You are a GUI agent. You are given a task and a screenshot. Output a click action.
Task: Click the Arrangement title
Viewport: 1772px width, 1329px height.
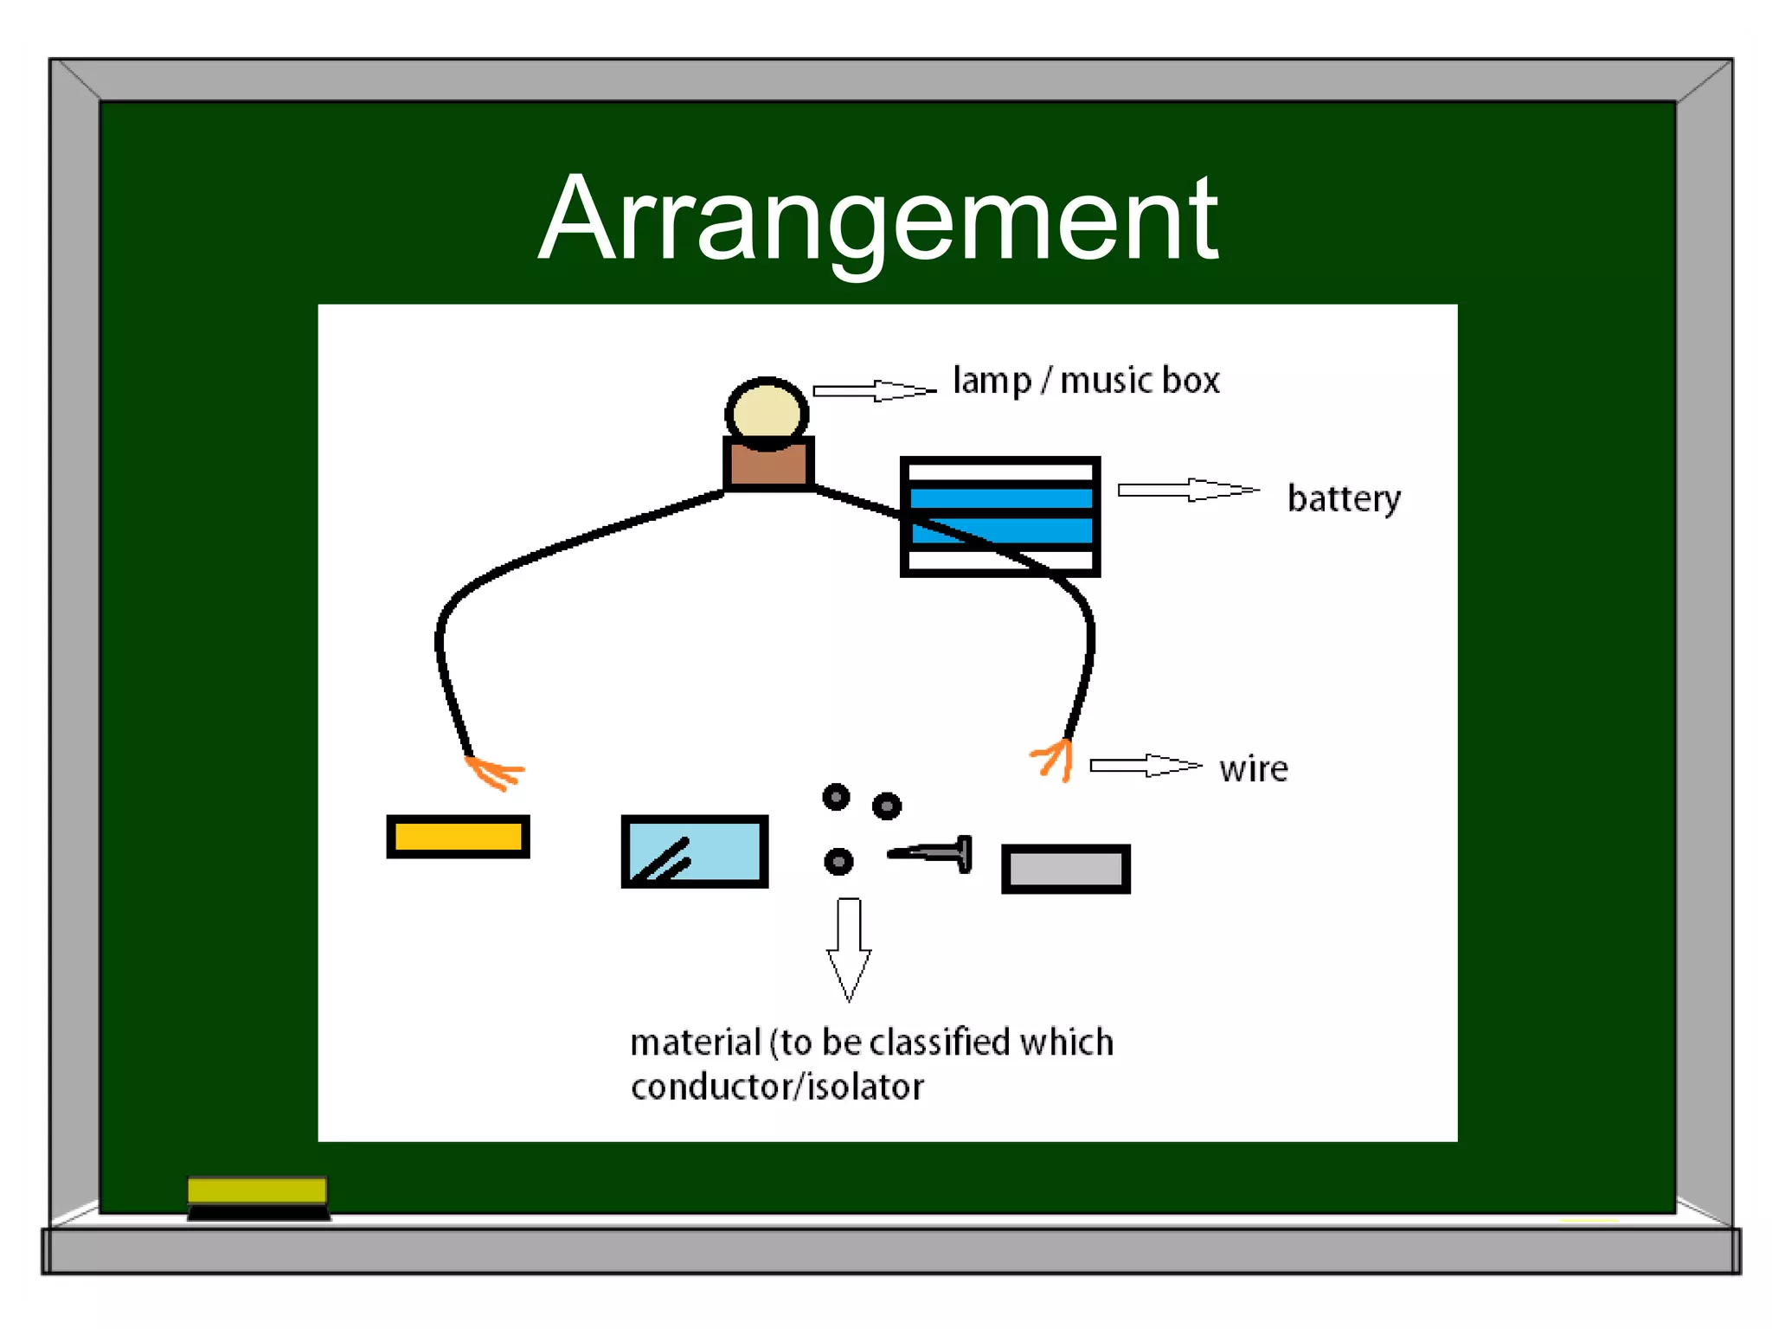pyautogui.click(x=877, y=218)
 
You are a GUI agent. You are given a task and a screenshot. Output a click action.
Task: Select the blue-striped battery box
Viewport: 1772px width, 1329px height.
pyautogui.click(x=1000, y=516)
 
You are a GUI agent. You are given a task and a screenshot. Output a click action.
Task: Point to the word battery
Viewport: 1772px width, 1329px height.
pyautogui.click(x=1343, y=498)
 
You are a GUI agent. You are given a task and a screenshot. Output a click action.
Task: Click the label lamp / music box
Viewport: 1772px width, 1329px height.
pyautogui.click(x=1086, y=381)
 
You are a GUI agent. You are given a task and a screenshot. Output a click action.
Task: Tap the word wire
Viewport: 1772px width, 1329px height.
pyautogui.click(x=1253, y=768)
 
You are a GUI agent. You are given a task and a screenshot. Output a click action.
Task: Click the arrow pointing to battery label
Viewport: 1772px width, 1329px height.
pyautogui.click(x=1188, y=490)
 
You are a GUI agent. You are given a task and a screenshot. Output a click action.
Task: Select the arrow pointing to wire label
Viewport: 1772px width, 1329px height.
pyautogui.click(x=1145, y=765)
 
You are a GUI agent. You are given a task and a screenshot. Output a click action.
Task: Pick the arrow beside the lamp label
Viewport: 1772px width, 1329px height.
pyautogui.click(x=874, y=390)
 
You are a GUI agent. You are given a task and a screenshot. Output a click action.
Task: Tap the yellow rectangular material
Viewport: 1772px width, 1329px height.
pyautogui.click(x=458, y=837)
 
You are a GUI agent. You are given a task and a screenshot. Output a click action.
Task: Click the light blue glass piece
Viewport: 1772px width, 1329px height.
pyautogui.click(x=694, y=851)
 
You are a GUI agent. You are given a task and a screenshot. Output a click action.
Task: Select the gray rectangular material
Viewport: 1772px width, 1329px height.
pyautogui.click(x=1065, y=869)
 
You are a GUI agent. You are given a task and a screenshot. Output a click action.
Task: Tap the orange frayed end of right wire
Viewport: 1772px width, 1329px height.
pyautogui.click(x=1055, y=759)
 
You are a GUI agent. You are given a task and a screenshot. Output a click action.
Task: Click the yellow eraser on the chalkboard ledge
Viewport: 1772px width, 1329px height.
pyautogui.click(x=257, y=1191)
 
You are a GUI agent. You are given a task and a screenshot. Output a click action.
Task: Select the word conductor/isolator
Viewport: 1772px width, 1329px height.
pyautogui.click(x=777, y=1087)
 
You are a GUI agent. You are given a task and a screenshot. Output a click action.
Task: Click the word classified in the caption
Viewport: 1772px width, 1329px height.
pyautogui.click(x=939, y=1042)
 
